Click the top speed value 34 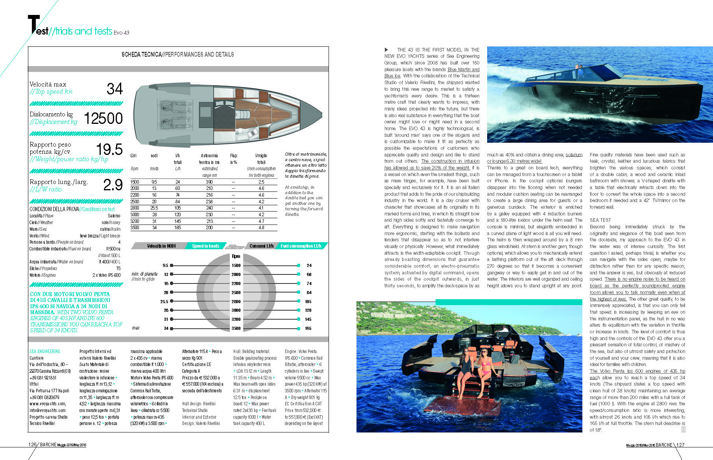pyautogui.click(x=115, y=89)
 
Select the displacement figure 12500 pyautogui.click(x=103, y=118)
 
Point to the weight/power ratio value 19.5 pyautogui.click(x=109, y=150)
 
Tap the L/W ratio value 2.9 pyautogui.click(x=113, y=185)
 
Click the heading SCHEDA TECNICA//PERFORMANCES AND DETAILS pyautogui.click(x=178, y=54)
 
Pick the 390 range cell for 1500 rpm pyautogui.click(x=209, y=182)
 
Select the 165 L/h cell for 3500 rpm pyautogui.click(x=177, y=228)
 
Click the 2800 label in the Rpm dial pyautogui.click(x=236, y=302)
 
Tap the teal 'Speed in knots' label pyautogui.click(x=205, y=246)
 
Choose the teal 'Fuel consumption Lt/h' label pyautogui.click(x=301, y=246)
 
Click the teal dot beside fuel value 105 pyautogui.click(x=299, y=302)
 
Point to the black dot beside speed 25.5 pyautogui.click(x=172, y=302)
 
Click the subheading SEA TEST pyautogui.click(x=600, y=220)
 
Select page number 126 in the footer pyautogui.click(x=32, y=445)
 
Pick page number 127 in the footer pyautogui.click(x=680, y=445)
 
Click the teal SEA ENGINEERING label pyautogui.click(x=45, y=351)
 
